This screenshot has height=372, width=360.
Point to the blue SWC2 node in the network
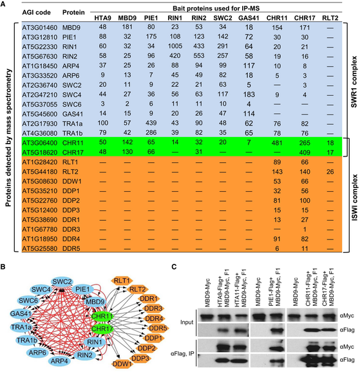[62, 281]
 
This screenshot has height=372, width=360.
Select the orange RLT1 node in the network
[120, 281]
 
